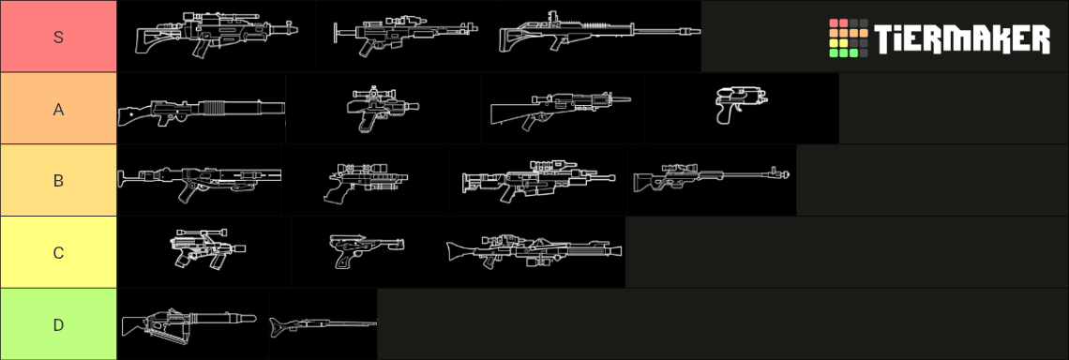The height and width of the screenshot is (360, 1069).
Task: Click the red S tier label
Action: point(59,37)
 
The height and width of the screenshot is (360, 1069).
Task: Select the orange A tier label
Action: point(59,109)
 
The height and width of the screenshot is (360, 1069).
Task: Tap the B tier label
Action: point(59,181)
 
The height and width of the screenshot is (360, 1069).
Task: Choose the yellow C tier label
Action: point(59,252)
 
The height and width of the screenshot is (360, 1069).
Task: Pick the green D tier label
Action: point(59,324)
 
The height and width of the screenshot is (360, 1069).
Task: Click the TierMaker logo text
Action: point(962,38)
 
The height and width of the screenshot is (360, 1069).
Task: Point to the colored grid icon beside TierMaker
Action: point(848,38)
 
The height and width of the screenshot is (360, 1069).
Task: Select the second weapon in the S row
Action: point(405,35)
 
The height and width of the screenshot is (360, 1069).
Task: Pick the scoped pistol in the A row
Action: point(383,109)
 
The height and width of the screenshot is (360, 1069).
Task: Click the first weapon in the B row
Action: point(200,181)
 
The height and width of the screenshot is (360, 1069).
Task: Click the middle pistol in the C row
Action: point(367,251)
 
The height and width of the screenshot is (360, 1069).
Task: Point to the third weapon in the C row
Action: point(534,251)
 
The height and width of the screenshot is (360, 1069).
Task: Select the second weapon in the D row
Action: point(324,324)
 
